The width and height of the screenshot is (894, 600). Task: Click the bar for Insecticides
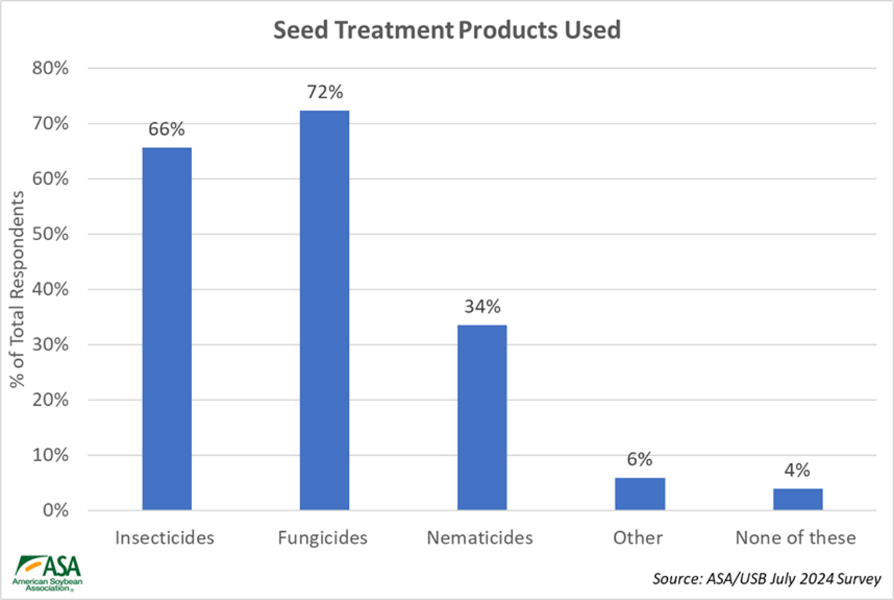tap(167, 328)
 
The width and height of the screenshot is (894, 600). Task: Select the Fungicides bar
tap(324, 310)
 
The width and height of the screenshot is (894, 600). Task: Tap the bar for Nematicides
tap(482, 417)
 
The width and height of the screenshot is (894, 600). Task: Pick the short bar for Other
tap(640, 494)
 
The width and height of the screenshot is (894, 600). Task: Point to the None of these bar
tap(798, 499)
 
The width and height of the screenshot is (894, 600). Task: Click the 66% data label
tap(167, 129)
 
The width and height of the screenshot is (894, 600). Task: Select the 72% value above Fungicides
tap(325, 92)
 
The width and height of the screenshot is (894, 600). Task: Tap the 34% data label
tap(482, 306)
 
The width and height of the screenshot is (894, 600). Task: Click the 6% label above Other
tap(640, 459)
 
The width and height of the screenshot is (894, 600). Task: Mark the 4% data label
tap(797, 470)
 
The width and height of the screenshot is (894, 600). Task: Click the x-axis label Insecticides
tap(165, 538)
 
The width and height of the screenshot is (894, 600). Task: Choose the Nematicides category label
tap(480, 538)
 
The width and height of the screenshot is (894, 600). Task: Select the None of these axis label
tap(795, 538)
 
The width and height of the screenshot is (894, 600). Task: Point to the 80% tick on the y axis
tap(51, 68)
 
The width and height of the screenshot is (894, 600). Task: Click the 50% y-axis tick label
tap(51, 234)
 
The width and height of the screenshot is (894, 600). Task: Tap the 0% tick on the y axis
tap(55, 511)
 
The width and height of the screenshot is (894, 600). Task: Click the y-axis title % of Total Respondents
tap(17, 288)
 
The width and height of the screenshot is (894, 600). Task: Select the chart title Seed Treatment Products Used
tap(447, 30)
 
